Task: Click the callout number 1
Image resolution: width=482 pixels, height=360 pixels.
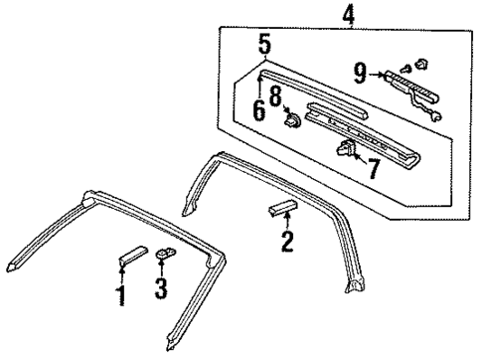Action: click(x=121, y=295)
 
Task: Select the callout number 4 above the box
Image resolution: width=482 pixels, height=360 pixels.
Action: click(x=321, y=16)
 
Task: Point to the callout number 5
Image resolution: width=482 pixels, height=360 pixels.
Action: click(x=264, y=45)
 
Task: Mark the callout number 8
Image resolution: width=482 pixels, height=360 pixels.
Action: click(x=274, y=97)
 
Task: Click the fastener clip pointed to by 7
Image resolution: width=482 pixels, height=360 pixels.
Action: click(x=349, y=150)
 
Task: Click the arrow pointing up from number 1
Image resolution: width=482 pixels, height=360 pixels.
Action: click(x=122, y=274)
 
